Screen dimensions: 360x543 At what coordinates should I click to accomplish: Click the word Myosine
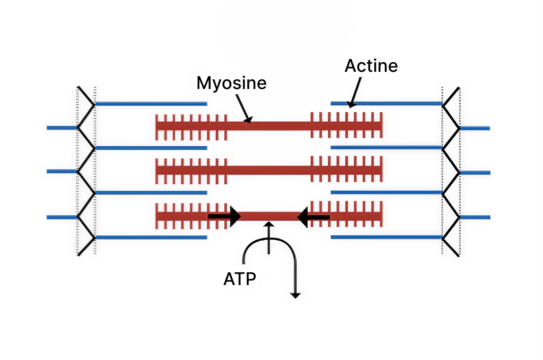pyautogui.click(x=231, y=83)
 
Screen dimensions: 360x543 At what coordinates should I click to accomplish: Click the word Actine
pyautogui.click(x=371, y=66)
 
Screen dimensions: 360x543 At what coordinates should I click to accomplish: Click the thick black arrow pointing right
pyautogui.click(x=224, y=216)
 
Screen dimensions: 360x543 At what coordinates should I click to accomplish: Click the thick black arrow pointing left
pyautogui.click(x=313, y=217)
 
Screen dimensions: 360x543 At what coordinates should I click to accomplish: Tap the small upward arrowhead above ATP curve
pyautogui.click(x=269, y=224)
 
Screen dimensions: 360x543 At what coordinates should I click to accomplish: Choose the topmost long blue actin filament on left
pyautogui.click(x=151, y=104)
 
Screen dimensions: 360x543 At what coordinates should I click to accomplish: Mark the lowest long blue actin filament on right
pyautogui.click(x=386, y=237)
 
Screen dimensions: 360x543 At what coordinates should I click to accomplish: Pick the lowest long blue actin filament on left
pyautogui.click(x=151, y=238)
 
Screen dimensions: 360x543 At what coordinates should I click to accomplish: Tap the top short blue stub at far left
pyautogui.click(x=62, y=128)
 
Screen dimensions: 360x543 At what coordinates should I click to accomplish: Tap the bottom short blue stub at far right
pyautogui.click(x=475, y=217)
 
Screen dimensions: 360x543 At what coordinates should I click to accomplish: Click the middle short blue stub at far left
pyautogui.click(x=62, y=171)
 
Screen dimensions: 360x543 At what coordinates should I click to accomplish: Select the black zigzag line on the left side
pyautogui.click(x=86, y=171)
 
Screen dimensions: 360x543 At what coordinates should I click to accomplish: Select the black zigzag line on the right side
pyautogui.click(x=451, y=171)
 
